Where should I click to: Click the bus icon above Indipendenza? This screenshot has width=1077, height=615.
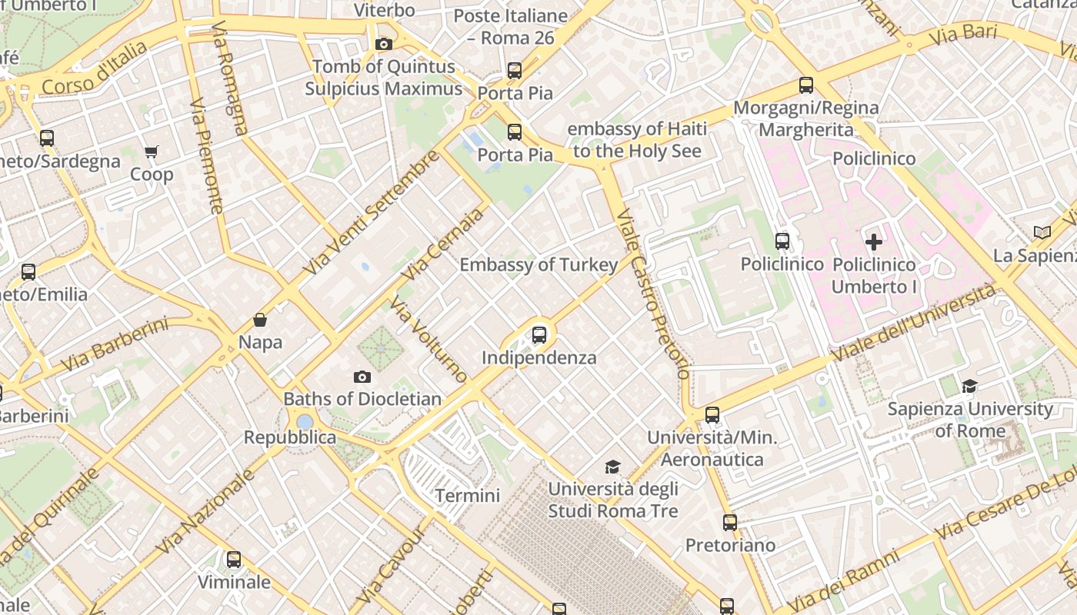coord(539,335)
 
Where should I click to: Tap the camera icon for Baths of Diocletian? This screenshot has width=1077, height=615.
coord(362,377)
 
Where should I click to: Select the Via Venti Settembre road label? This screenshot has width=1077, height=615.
coord(371,213)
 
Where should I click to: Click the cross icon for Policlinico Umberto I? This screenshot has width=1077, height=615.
coord(874,242)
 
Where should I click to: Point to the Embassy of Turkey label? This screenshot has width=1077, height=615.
coord(538,265)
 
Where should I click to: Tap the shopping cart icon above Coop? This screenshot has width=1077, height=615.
coord(152,152)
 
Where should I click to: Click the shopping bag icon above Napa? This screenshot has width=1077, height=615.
coord(260,320)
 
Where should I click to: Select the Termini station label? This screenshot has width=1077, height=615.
coord(468,496)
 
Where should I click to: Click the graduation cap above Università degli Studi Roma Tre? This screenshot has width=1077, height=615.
coord(612,467)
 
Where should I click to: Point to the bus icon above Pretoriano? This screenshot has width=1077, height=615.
coord(730,523)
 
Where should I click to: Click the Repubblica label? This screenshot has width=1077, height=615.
coord(290,437)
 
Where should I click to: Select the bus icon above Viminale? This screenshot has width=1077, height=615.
coord(234,560)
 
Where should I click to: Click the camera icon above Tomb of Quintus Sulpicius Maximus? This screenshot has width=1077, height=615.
coord(384,45)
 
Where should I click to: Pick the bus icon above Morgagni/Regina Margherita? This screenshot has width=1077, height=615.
coord(806,85)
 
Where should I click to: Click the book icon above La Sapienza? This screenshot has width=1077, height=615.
coord(1042,232)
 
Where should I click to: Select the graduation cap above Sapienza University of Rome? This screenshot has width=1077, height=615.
coord(969,386)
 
